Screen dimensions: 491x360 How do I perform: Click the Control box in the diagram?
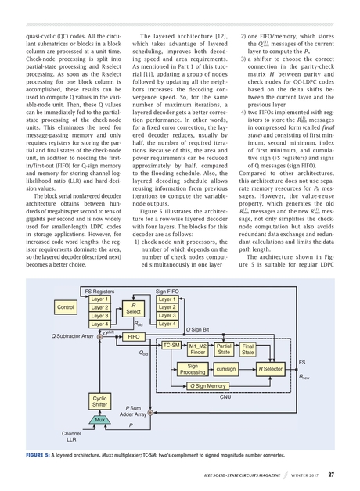[x=66, y=308]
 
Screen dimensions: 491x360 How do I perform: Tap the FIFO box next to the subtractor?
[x=133, y=336]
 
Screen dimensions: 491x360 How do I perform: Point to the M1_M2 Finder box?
[x=197, y=348]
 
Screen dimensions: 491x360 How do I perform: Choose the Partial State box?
[x=224, y=348]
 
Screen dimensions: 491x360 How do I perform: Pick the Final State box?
[x=248, y=348]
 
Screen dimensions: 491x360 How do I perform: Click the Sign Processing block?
[x=193, y=368]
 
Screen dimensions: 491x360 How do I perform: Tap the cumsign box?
[x=226, y=368]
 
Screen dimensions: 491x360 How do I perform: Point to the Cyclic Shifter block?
[x=99, y=401]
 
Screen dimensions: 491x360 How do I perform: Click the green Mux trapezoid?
[x=99, y=420]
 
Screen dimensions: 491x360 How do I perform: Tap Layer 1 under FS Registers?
[x=99, y=299]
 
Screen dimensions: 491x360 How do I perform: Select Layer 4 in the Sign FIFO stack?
[x=167, y=324]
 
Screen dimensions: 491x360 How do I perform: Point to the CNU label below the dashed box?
[x=225, y=397]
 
